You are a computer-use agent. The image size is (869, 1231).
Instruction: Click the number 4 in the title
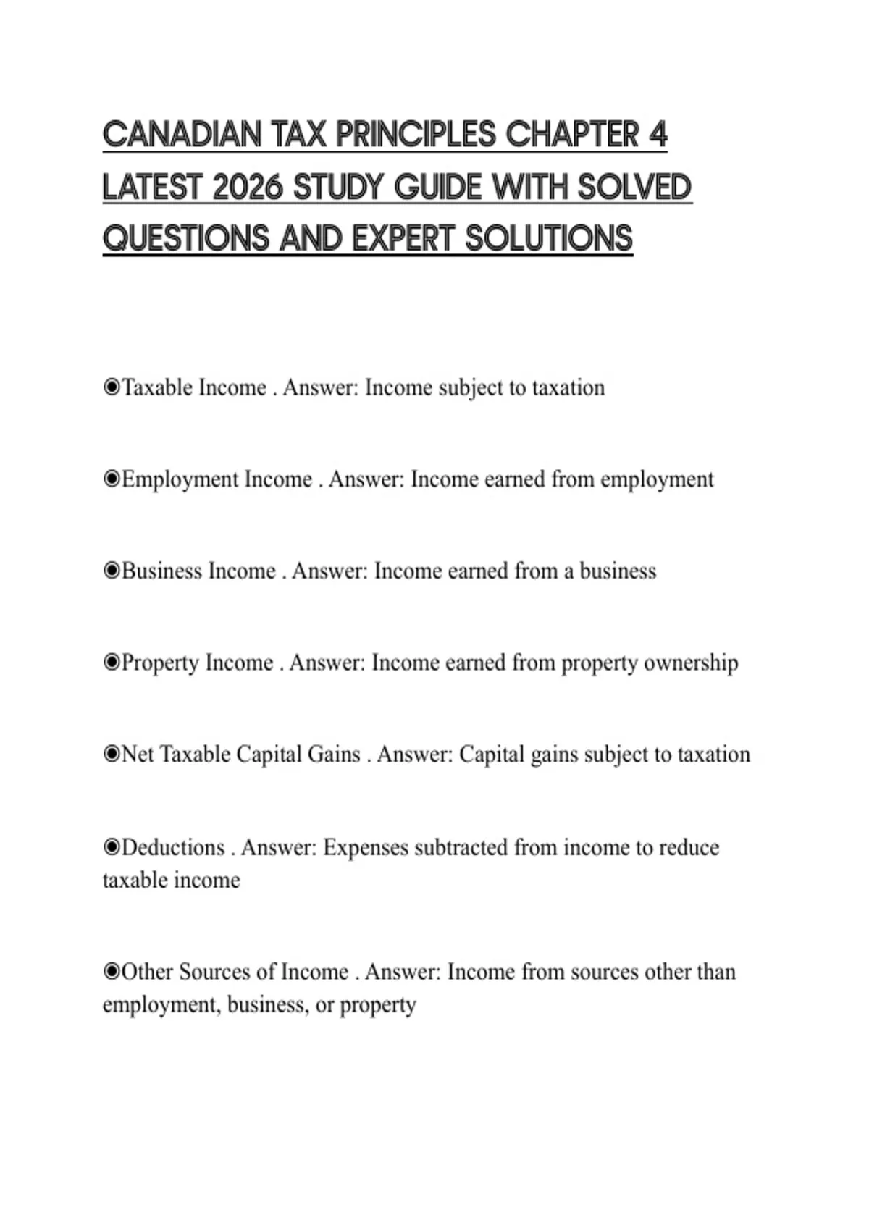coord(657,135)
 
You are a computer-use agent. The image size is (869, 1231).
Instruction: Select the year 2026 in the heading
coord(247,188)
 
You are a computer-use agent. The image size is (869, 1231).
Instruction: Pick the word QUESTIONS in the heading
coord(185,239)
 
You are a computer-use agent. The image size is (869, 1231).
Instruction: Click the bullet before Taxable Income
coord(112,388)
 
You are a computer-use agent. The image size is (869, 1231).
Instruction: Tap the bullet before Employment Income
coord(112,479)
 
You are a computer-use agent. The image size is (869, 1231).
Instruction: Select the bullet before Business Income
coord(112,571)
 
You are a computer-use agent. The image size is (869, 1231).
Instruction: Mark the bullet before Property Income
coord(112,663)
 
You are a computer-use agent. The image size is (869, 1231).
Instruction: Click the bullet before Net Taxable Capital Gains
coord(112,755)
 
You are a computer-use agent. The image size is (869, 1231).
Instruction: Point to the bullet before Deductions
coord(112,847)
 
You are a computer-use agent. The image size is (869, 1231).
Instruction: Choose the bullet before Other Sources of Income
coord(112,972)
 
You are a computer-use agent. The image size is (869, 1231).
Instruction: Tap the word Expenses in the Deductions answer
coord(366,848)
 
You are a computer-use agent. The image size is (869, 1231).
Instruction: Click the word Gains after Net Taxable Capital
coord(334,755)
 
